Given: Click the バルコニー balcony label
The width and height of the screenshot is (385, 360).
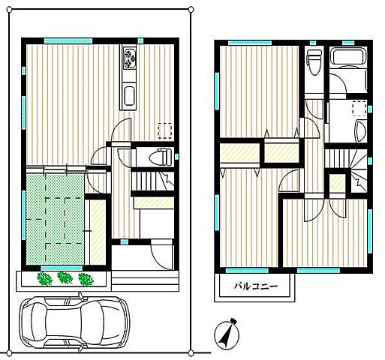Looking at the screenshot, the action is (x=256, y=286).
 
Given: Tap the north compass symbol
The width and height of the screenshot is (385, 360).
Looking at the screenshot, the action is (x=227, y=334).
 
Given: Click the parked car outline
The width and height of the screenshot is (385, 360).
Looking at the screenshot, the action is (x=75, y=322).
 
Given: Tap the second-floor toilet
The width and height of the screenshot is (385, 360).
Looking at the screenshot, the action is (x=314, y=61).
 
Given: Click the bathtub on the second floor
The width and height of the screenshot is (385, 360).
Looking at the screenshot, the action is (x=348, y=56).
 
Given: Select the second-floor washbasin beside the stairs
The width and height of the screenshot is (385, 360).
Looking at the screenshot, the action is (x=361, y=131).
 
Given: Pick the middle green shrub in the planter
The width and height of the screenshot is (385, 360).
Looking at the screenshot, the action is (x=65, y=277).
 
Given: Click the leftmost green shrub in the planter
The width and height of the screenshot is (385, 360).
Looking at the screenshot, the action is (x=44, y=278).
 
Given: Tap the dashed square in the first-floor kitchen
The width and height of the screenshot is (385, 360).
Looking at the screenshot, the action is (x=165, y=130).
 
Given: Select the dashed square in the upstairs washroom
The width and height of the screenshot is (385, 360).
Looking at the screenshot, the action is (x=360, y=108).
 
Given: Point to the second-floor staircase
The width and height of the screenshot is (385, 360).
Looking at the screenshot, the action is (x=346, y=170).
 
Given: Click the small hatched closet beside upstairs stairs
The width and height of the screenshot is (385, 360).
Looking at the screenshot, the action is (x=338, y=182).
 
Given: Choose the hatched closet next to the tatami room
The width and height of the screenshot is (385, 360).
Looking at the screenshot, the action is (x=98, y=232).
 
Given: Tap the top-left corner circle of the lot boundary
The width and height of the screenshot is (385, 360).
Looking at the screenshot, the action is (x=10, y=10).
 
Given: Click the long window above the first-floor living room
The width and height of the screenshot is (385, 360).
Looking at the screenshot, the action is (x=68, y=40).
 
